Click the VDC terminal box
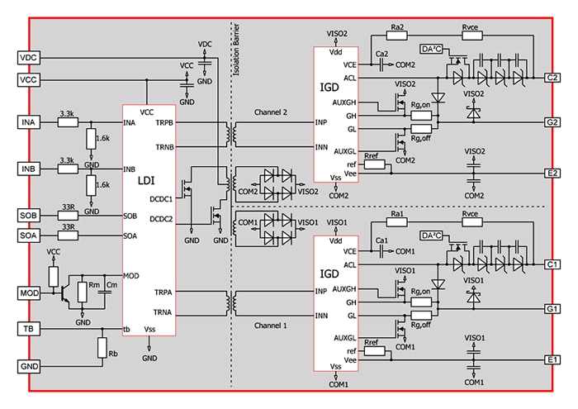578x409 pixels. pos(29,58)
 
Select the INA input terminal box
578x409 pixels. pos(29,123)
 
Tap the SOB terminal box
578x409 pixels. pos(29,216)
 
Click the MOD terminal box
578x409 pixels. pos(29,293)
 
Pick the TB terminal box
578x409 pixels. pos(29,330)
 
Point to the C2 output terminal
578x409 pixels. pos(552,78)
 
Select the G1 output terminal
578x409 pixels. pos(552,308)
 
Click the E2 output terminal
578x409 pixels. pos(552,174)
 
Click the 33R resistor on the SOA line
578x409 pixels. pos(68,235)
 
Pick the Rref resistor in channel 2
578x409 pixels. pos(372,164)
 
